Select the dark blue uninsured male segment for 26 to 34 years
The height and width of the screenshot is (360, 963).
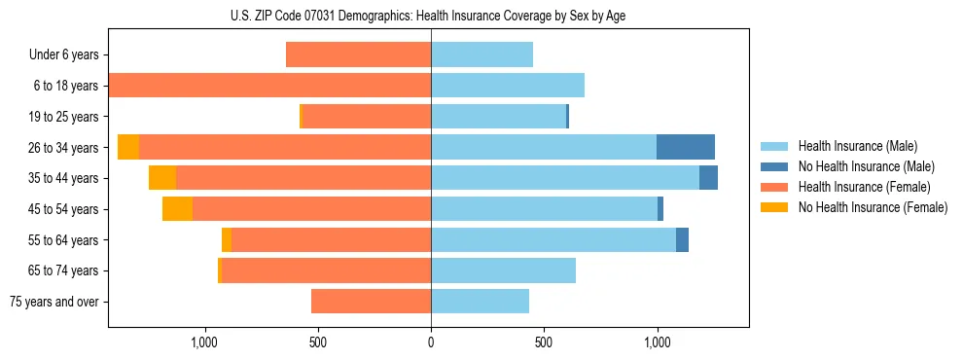tap(686, 147)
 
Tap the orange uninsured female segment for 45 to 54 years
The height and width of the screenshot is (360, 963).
tap(177, 209)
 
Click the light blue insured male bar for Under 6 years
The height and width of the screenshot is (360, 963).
tap(481, 54)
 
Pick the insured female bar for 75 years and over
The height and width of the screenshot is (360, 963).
tap(371, 302)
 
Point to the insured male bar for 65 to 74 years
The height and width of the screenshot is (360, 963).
tap(503, 270)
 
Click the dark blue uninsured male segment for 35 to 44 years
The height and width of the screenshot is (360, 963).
tap(708, 178)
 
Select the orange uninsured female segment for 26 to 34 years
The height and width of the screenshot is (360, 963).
tap(128, 147)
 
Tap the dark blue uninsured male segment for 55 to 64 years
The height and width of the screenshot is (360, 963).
tap(682, 239)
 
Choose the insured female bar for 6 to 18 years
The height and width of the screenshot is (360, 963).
tap(269, 86)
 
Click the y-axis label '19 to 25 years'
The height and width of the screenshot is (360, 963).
tap(65, 117)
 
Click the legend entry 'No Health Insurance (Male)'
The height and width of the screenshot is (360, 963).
tap(866, 166)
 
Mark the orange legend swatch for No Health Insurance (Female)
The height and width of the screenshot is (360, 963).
tap(775, 207)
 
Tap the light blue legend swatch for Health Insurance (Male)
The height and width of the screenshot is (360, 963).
tap(775, 146)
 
